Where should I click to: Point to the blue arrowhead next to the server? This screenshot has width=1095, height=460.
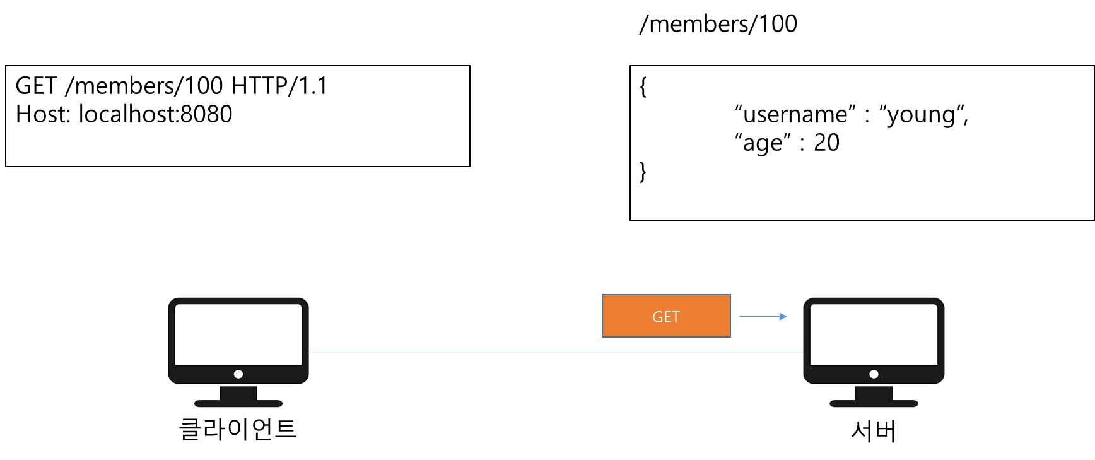(x=783, y=316)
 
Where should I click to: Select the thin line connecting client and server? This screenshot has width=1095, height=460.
(x=555, y=353)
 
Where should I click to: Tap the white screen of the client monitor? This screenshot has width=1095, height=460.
(x=238, y=334)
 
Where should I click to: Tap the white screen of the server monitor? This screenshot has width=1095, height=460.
(x=874, y=334)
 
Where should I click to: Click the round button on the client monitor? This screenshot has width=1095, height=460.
(x=238, y=374)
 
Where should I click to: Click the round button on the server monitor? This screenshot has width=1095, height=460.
(x=874, y=374)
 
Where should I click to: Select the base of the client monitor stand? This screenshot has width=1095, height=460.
(x=238, y=403)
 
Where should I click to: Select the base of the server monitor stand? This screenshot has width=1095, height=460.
(x=874, y=403)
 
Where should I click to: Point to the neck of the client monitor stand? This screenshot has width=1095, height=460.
(x=238, y=392)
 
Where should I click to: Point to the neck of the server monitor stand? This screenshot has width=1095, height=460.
(x=874, y=392)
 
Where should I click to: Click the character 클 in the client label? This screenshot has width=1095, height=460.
(x=190, y=429)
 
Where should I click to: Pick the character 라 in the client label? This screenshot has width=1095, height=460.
(x=214, y=429)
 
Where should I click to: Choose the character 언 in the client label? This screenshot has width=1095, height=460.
(x=262, y=429)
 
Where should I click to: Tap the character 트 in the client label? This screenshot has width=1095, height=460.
(x=286, y=429)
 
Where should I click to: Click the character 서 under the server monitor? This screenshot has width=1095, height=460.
(x=862, y=431)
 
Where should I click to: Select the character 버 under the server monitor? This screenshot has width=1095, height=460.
(x=885, y=431)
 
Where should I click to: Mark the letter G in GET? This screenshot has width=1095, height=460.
(x=657, y=317)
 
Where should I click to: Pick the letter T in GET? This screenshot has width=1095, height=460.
(x=676, y=317)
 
